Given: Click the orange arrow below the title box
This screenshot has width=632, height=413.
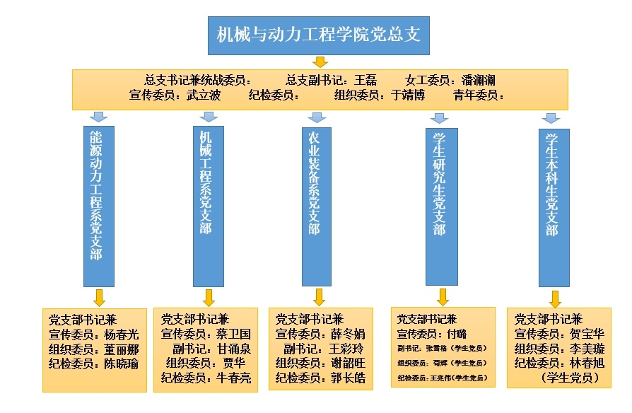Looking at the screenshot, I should tap(320, 62).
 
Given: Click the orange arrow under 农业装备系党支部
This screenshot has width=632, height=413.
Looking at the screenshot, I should tap(319, 296).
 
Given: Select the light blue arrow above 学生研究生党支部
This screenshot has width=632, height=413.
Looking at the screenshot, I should tap(440, 117).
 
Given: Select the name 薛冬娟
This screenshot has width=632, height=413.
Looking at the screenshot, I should tap(349, 334).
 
